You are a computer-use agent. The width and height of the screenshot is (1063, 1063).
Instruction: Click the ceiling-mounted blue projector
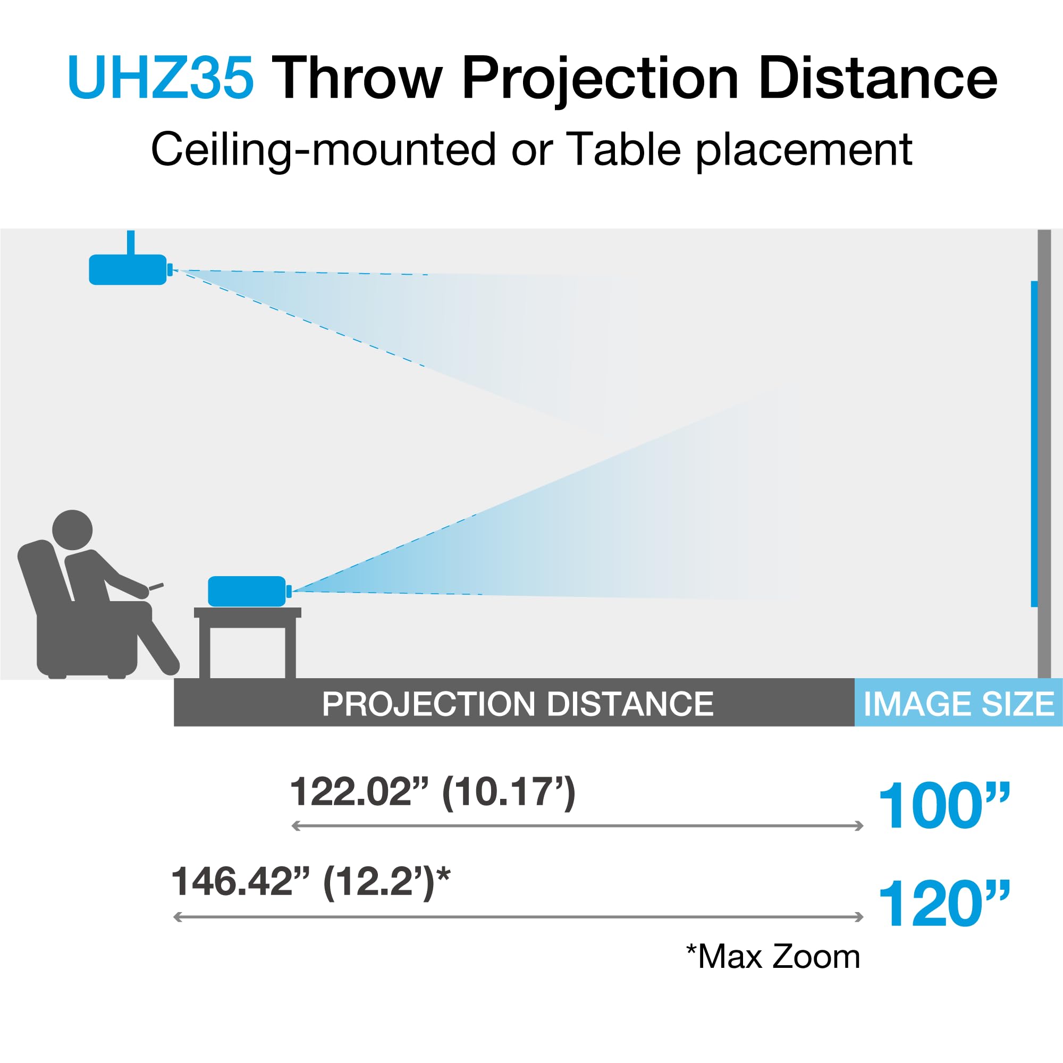(x=128, y=269)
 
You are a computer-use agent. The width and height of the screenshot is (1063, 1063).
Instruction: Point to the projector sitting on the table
(x=247, y=592)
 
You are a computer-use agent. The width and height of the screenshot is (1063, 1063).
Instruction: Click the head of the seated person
(x=72, y=529)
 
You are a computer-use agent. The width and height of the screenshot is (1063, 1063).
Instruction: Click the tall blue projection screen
(x=1034, y=444)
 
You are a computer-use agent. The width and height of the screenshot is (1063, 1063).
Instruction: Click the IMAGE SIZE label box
(x=958, y=703)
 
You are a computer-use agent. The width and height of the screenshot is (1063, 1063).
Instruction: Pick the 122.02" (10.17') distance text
(x=433, y=792)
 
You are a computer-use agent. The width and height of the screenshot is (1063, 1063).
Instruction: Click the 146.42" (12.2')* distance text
(x=311, y=882)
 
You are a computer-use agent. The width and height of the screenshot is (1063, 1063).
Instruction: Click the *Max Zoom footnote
(x=773, y=956)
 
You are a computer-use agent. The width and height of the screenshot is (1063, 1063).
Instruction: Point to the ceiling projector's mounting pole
(x=130, y=242)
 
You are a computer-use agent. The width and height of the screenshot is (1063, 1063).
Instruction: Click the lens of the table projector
(x=289, y=592)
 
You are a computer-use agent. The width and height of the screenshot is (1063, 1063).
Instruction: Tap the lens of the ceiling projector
(x=170, y=269)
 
